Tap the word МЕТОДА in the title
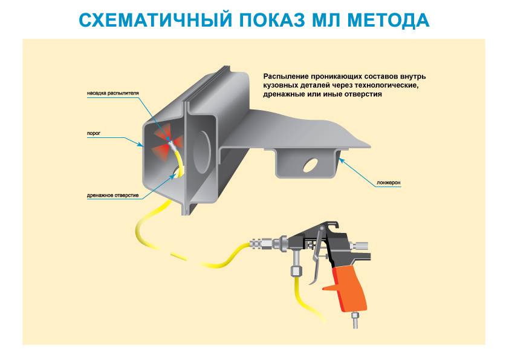point(388,20)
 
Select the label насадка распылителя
point(112,93)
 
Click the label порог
point(94,133)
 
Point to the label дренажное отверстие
point(112,195)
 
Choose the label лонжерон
point(389,183)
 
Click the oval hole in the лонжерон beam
point(311,165)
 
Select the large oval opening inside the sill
point(202,152)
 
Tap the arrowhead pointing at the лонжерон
point(340,160)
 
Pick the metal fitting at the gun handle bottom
point(355,319)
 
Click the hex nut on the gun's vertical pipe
point(296,270)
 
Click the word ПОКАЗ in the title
point(273,20)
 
